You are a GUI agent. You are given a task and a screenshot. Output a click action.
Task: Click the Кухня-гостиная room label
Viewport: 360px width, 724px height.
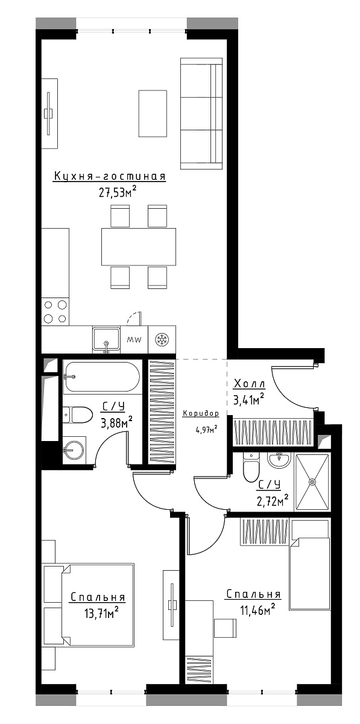(110, 176)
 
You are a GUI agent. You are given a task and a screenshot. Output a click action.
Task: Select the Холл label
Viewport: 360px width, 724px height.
(250, 384)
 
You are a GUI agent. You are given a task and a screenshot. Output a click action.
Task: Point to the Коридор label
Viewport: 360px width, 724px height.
(201, 413)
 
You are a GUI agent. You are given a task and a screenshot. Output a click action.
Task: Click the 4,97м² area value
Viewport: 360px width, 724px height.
(206, 430)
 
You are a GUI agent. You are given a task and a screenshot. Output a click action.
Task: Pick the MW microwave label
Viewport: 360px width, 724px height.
(134, 339)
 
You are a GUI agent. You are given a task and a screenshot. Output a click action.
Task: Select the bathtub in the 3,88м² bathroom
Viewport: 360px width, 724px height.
(102, 377)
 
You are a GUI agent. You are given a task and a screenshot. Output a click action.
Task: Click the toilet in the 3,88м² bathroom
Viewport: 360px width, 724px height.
(77, 414)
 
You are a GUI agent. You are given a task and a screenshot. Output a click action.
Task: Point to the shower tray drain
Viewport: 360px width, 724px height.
(312, 481)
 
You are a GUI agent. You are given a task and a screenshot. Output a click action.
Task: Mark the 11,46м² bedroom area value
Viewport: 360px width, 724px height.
(257, 609)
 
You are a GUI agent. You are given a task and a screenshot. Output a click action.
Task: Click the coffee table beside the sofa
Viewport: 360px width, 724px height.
(153, 113)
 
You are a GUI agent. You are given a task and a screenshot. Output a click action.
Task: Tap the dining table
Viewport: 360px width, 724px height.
(139, 247)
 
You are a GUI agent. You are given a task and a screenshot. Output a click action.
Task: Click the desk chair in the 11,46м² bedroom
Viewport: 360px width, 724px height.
(226, 626)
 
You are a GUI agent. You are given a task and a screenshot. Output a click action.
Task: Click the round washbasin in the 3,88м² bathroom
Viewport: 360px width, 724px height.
(74, 451)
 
